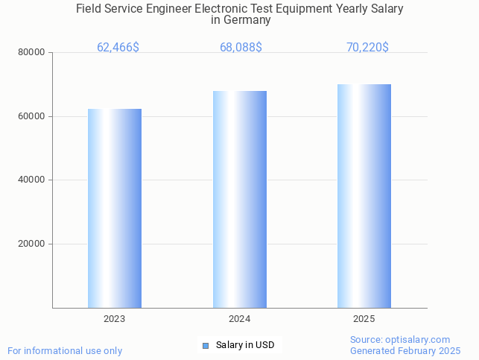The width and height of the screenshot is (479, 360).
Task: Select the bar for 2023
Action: coord(115,209)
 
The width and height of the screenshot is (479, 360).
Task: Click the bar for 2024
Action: coord(240,200)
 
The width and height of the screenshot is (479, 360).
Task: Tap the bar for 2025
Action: coord(364,196)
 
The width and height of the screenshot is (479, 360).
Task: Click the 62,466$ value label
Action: coord(118,48)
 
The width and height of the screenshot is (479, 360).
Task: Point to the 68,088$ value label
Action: coord(241,48)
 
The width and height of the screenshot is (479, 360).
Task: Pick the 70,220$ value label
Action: coord(367,48)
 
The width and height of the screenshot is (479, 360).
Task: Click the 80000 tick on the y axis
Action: coord(32,53)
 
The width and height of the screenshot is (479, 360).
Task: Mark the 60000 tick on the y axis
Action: coord(32,116)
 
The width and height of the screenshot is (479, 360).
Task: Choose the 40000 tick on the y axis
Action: coord(32,180)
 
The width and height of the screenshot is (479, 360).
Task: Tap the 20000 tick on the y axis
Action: coord(32,244)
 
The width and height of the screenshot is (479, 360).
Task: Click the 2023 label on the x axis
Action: coord(114,319)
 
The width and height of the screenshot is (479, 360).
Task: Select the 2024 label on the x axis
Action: coord(239,319)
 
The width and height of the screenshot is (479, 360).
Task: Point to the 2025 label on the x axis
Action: coord(364,319)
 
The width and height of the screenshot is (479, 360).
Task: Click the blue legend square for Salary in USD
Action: coord(206,345)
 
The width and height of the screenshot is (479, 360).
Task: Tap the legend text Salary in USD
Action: coord(245,345)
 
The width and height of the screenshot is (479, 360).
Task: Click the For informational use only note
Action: coord(65,350)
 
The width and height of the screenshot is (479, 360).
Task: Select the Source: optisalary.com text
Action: coord(400,340)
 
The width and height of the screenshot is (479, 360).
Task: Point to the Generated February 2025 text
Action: coord(405,350)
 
